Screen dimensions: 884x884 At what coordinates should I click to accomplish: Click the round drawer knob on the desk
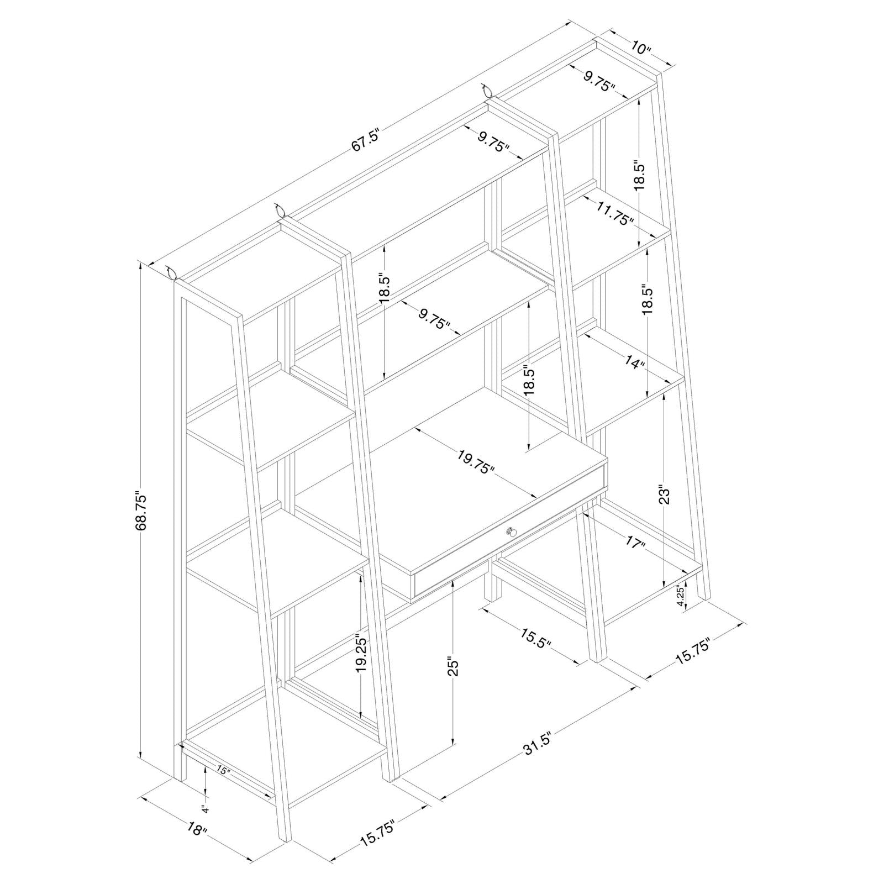click(511, 532)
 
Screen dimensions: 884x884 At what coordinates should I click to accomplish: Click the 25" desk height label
click(453, 666)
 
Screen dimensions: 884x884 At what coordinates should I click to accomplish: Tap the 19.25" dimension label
click(361, 654)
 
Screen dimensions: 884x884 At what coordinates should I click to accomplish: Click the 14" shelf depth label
click(636, 362)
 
